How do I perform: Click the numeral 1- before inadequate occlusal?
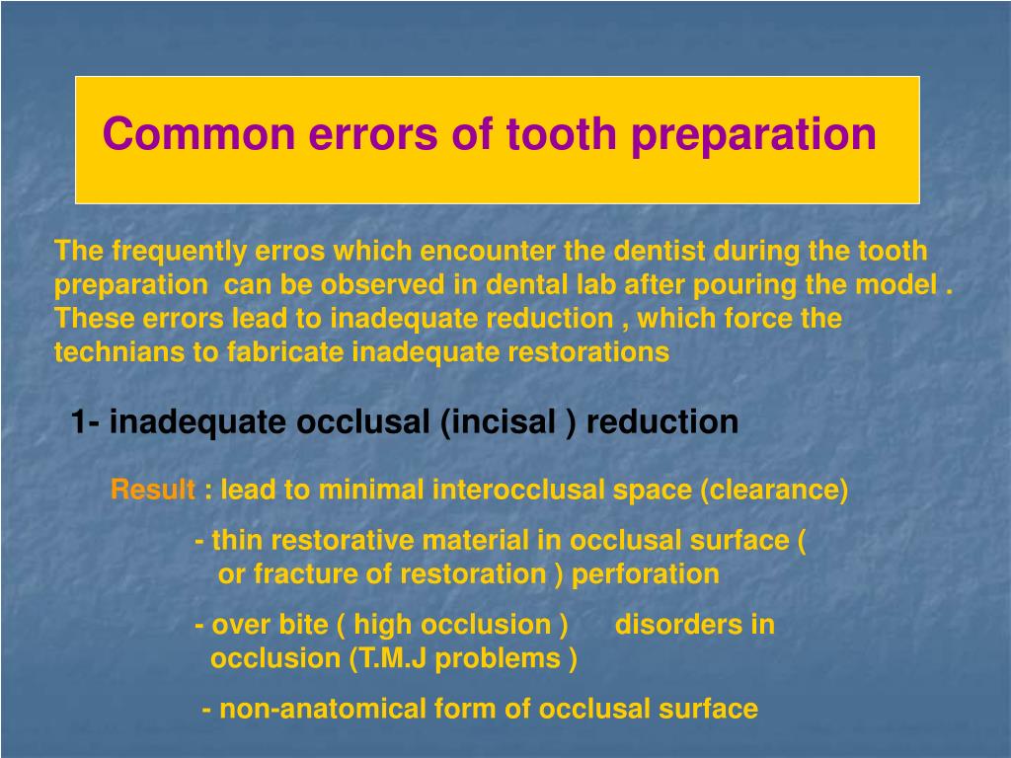pyautogui.click(x=85, y=422)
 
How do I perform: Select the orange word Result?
pyautogui.click(x=153, y=490)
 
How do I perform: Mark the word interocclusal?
pyautogui.click(x=510, y=490)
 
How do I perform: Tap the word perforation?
pyautogui.click(x=646, y=574)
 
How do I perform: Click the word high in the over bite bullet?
pyautogui.click(x=384, y=625)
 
